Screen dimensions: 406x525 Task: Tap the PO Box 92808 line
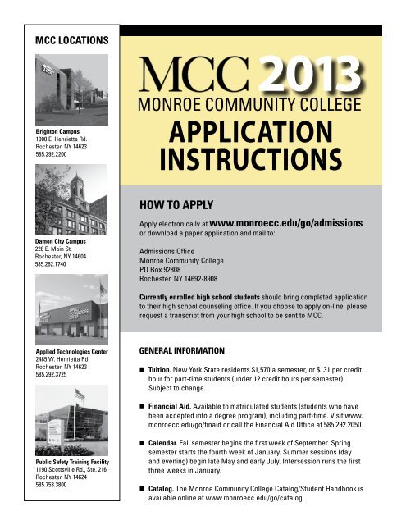tap(166, 276)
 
